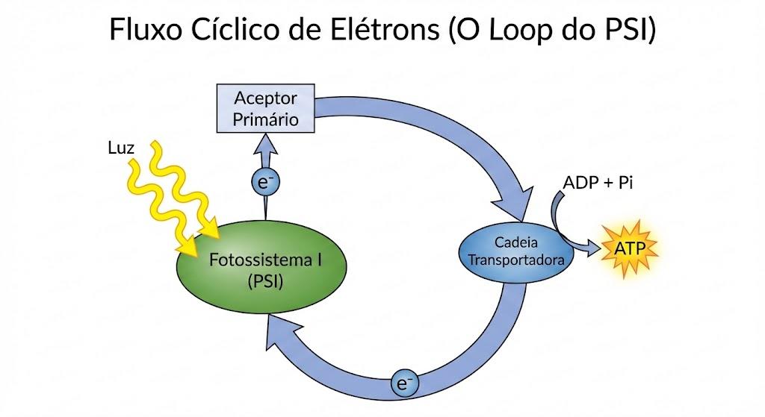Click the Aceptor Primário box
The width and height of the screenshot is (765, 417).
pos(265,108)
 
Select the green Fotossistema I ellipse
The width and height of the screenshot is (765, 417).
pos(261,266)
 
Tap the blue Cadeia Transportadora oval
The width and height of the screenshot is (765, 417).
pos(515,252)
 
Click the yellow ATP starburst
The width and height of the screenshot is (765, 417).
pos(629,249)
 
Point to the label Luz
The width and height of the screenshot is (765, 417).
pos(120,148)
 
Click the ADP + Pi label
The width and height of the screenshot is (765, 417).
pos(598,183)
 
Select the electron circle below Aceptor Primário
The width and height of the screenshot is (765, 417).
pos(265,182)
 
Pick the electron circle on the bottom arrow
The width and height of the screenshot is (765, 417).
pos(404,383)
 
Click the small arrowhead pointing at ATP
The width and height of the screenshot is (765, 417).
pos(594,248)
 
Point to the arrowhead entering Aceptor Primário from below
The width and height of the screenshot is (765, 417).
pos(265,144)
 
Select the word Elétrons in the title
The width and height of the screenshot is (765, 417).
pos(385,29)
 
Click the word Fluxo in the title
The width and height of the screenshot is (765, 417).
pos(146,29)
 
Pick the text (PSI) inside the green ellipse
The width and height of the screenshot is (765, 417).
pos(265,281)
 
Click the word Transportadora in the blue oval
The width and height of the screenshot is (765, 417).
pos(516,260)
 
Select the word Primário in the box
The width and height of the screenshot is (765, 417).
pos(265,120)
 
